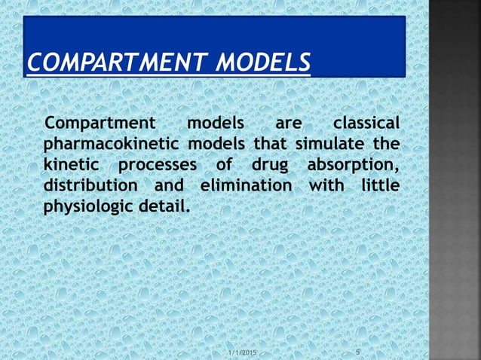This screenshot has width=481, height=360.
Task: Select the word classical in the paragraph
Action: coord(366,124)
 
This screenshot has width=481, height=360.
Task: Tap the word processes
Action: coord(157,164)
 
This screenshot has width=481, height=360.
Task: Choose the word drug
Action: coord(264,165)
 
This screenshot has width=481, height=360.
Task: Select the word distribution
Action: coord(90,185)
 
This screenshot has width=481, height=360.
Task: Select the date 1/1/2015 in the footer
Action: coord(242,352)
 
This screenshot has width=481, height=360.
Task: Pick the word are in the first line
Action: coord(289,124)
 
